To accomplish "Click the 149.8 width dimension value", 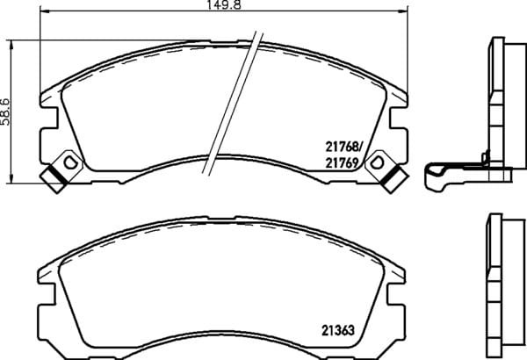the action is [x=224, y=4].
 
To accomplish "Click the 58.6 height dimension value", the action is [x=5, y=112].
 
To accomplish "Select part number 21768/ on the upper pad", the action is [x=344, y=147].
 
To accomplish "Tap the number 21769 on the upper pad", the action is [x=342, y=163].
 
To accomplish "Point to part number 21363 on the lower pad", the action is [x=338, y=330].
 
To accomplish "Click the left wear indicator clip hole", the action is [x=70, y=162].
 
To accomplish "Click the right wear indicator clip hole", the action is [x=377, y=162].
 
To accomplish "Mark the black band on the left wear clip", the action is [x=56, y=175].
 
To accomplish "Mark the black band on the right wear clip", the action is [x=391, y=175].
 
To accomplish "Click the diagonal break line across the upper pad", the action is [x=232, y=104].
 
